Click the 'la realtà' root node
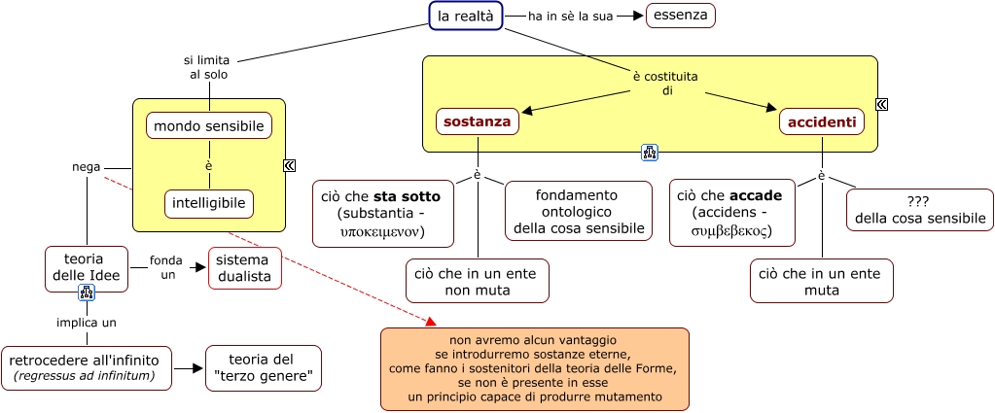click(466, 16)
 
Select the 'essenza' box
click(681, 16)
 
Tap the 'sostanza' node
click(477, 122)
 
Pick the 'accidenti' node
click(822, 122)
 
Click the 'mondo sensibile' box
click(209, 125)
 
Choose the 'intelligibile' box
click(209, 203)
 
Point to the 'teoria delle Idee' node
click(87, 268)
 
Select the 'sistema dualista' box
click(245, 268)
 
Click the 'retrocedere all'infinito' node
click(87, 368)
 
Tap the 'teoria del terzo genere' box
click(262, 368)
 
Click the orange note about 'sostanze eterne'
click(535, 368)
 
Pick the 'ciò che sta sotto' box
click(382, 213)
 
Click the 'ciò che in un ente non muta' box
click(478, 281)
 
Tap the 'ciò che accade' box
click(736, 213)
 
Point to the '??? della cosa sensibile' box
click(920, 210)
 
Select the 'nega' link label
click(87, 167)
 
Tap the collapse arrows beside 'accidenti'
click(882, 105)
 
